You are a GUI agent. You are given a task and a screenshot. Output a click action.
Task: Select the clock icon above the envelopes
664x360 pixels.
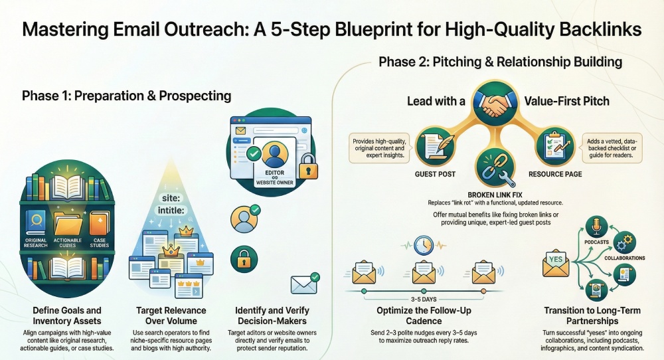click(x=422, y=245)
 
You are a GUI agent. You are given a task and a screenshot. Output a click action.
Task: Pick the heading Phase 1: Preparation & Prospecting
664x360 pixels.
click(x=126, y=96)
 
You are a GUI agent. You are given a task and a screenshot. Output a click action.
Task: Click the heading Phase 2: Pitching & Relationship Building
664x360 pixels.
click(x=500, y=62)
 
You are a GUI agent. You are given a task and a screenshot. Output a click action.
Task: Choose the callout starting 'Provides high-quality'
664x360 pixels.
click(x=382, y=145)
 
